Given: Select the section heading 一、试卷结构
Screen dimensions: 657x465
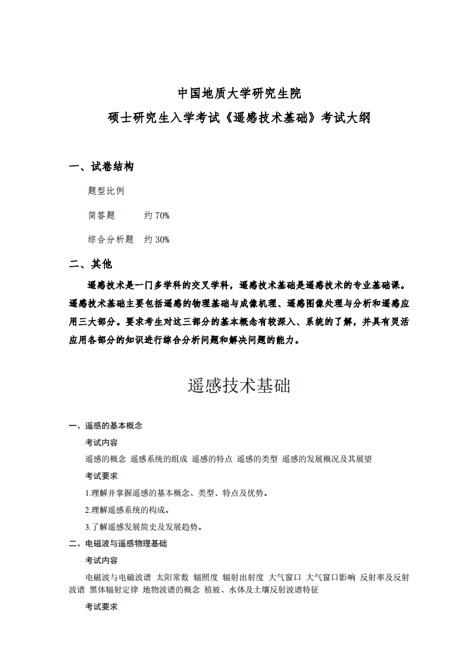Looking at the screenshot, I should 101,167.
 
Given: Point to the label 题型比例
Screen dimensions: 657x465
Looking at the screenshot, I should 106,191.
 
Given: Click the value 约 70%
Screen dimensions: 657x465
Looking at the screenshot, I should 157,216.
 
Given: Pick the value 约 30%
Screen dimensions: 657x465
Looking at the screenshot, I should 157,239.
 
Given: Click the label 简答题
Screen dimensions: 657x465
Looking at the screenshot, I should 101,216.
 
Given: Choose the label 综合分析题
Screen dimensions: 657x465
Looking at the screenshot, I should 111,239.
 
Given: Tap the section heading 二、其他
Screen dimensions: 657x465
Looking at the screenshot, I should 90,264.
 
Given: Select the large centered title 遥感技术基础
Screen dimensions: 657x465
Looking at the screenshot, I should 239,386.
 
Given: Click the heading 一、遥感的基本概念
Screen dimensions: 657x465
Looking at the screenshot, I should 106,425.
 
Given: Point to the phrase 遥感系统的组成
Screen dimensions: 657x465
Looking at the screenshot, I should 158,459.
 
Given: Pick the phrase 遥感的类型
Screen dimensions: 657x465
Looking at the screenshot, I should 257,459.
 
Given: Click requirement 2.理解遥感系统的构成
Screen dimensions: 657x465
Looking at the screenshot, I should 128,510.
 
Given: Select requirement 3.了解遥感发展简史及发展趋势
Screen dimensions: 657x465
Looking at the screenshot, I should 144,527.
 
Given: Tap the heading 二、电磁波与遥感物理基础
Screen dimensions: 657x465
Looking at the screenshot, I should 118,544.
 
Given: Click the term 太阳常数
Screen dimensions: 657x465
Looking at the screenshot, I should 172,578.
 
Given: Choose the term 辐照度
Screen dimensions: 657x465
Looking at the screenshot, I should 206,578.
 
